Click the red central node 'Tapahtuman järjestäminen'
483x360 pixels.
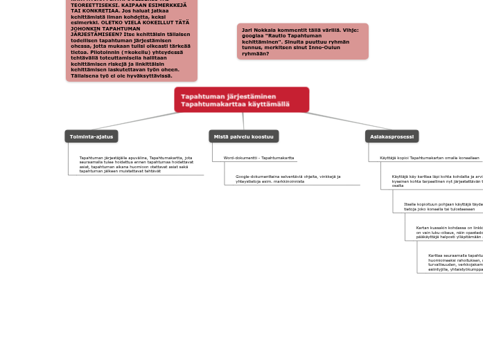[x=241, y=99]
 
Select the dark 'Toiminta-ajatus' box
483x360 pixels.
[x=91, y=136]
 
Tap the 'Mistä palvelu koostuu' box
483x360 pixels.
[x=243, y=136]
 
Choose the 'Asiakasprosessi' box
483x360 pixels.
[x=392, y=136]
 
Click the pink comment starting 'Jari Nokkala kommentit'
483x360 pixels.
[x=302, y=42]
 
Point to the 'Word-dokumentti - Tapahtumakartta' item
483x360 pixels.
[x=258, y=158]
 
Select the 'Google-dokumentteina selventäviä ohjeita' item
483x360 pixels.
[x=288, y=179]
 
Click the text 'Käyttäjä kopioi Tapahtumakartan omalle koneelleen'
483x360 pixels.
[x=429, y=158]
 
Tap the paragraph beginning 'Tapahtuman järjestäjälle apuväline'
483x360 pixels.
[x=136, y=164]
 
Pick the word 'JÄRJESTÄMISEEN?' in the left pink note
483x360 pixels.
[x=97, y=34]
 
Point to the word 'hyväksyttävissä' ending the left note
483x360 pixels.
[x=150, y=75]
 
